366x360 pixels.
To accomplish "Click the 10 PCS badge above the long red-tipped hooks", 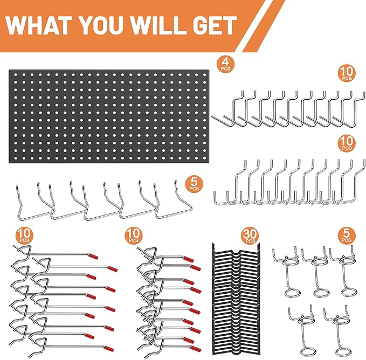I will coord(23,235).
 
